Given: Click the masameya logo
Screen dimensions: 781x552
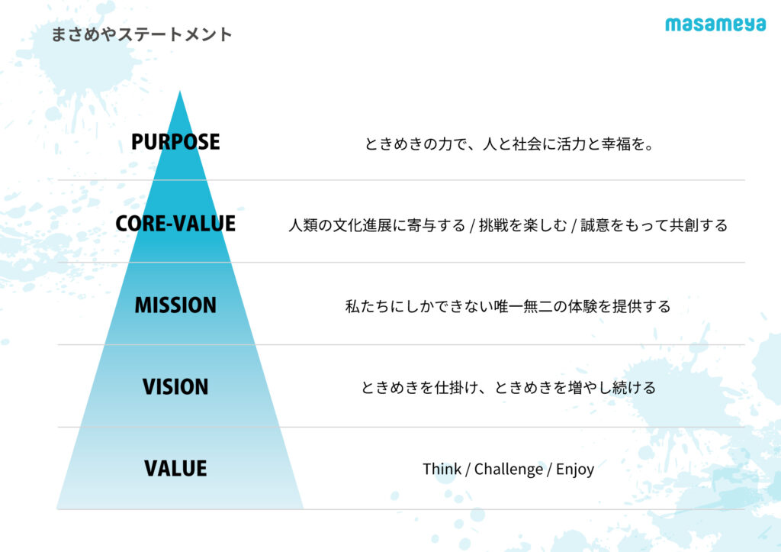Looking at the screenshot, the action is pyautogui.click(x=715, y=24).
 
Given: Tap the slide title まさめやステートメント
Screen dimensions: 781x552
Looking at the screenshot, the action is pyautogui.click(x=142, y=34).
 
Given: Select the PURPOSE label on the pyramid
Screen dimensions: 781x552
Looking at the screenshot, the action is pyautogui.click(x=175, y=141).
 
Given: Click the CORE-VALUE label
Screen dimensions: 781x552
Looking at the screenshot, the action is pyautogui.click(x=175, y=224).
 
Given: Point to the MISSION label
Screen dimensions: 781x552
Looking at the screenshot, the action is pyautogui.click(x=175, y=305).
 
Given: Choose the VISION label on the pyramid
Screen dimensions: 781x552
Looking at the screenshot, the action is pyautogui.click(x=175, y=387).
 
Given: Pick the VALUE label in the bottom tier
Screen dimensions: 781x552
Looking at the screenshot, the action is pyautogui.click(x=175, y=469).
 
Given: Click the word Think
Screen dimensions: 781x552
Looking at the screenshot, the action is pyautogui.click(x=442, y=469).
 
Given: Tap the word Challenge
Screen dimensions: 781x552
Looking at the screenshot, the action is pyautogui.click(x=509, y=470).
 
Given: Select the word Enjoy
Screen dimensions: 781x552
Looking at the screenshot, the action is pyautogui.click(x=575, y=470).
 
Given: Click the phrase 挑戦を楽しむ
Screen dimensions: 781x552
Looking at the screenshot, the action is pyautogui.click(x=523, y=225).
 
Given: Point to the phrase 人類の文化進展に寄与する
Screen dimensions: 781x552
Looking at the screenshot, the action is pyautogui.click(x=377, y=225).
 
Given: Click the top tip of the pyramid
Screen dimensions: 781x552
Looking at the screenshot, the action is pyautogui.click(x=180, y=91).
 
